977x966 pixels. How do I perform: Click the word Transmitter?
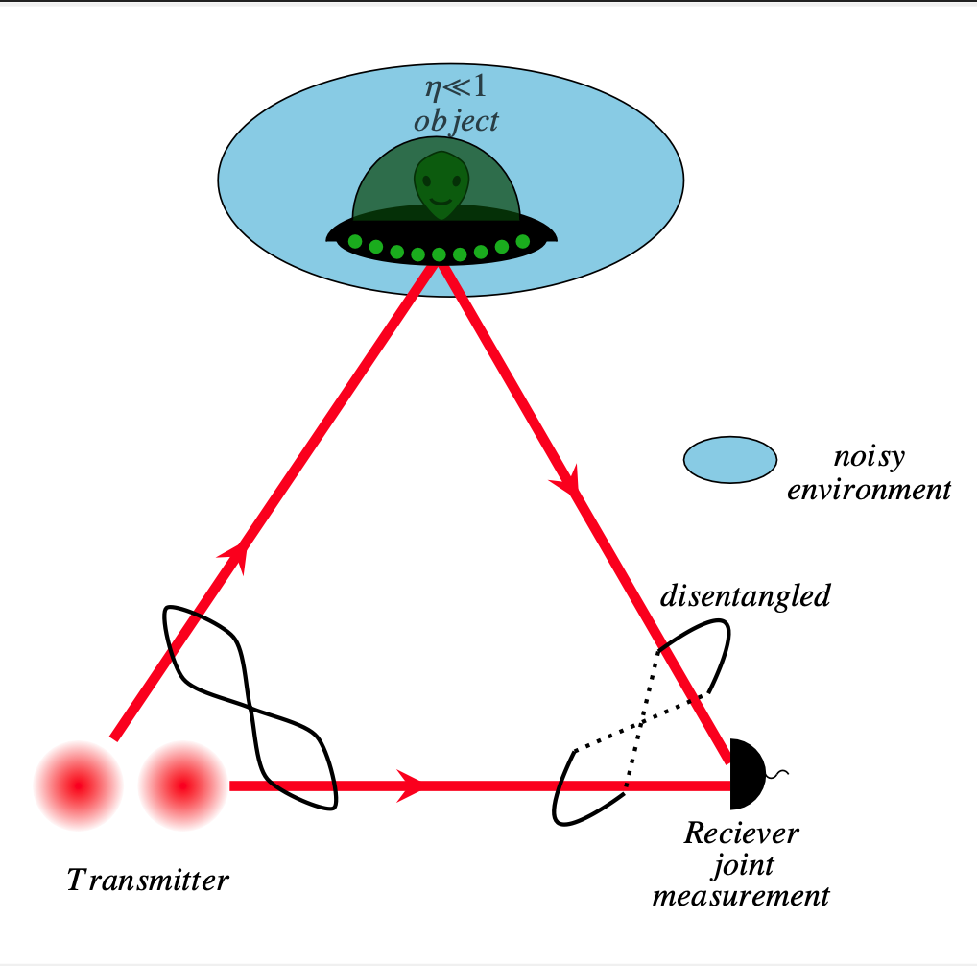[x=148, y=880]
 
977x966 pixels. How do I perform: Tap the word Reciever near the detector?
[x=741, y=833]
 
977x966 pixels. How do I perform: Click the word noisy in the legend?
[x=870, y=458]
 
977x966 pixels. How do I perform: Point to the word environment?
[x=869, y=490]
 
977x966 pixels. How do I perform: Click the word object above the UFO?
[x=456, y=122]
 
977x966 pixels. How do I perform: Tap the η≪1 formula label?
[x=456, y=87]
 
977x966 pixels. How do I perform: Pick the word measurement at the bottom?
[x=741, y=896]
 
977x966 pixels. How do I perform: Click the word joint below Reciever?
[x=744, y=866]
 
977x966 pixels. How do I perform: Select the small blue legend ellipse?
[x=730, y=460]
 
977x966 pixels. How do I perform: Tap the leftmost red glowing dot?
[x=78, y=785]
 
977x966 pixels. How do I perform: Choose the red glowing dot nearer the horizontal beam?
[x=182, y=785]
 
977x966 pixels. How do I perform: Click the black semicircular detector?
[x=747, y=774]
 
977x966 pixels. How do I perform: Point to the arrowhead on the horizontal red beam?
[x=410, y=785]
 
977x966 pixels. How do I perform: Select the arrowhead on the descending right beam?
[x=566, y=481]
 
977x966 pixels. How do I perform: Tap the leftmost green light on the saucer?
[x=355, y=242]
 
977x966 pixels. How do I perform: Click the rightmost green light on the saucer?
[x=523, y=241]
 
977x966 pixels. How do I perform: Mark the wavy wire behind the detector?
[x=777, y=774]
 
